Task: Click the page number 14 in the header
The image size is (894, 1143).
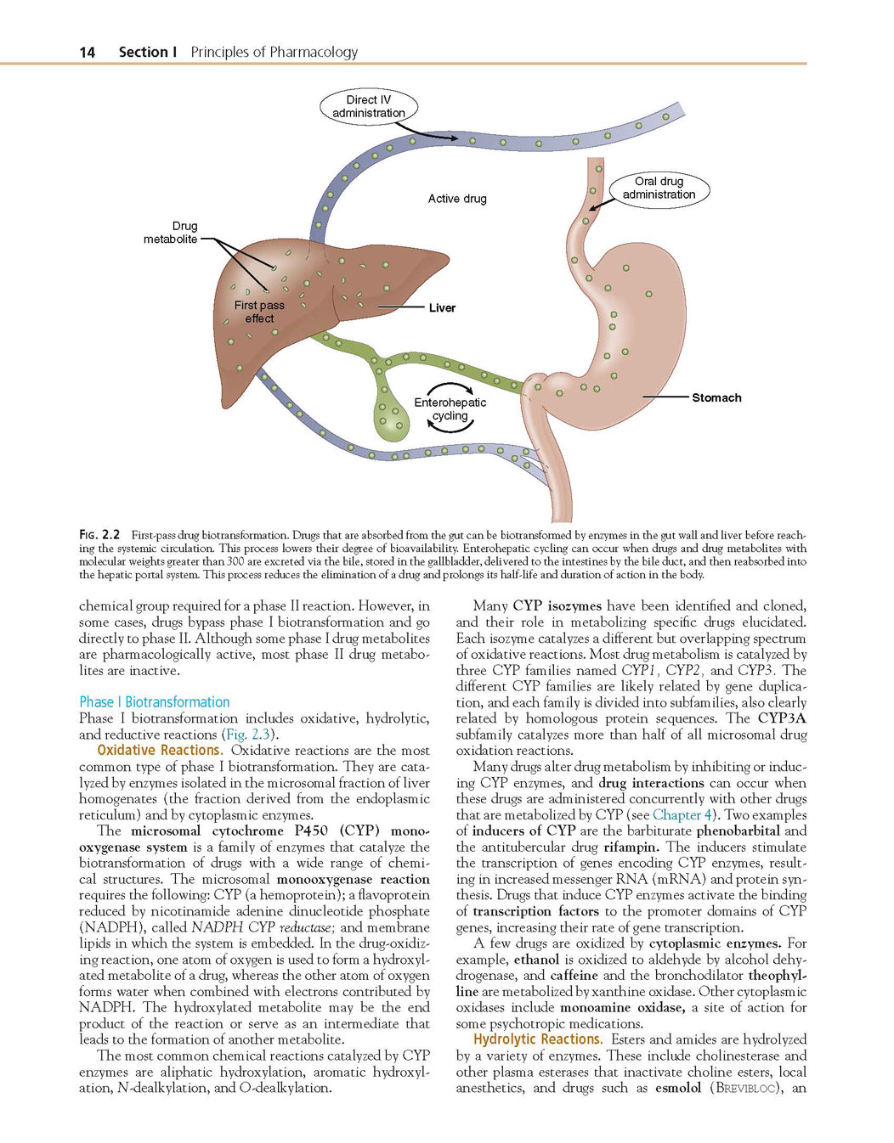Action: click(87, 53)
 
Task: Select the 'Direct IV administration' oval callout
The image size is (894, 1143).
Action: click(369, 106)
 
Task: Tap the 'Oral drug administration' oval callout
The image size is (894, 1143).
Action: click(659, 188)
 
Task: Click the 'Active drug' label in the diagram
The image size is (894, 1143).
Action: click(457, 199)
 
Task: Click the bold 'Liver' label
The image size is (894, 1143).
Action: click(442, 307)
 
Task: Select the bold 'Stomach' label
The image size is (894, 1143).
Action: click(716, 397)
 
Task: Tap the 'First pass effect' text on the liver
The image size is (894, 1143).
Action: click(259, 312)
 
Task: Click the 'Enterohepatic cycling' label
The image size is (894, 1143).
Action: click(450, 409)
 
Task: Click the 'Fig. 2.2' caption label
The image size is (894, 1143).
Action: click(99, 535)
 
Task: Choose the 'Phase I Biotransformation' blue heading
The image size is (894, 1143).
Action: click(154, 702)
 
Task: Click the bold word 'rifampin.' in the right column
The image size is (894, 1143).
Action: click(631, 847)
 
